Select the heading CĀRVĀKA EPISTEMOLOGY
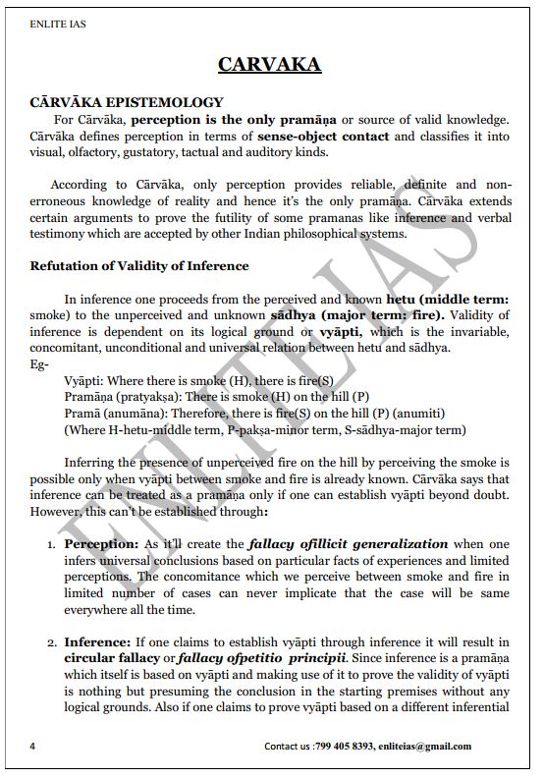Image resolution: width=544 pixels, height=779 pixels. tap(127, 102)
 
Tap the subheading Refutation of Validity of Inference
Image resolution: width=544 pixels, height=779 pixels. tap(139, 266)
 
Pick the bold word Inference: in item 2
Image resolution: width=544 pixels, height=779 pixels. tap(97, 641)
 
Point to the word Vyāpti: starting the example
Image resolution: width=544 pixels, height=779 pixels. tap(84, 378)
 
